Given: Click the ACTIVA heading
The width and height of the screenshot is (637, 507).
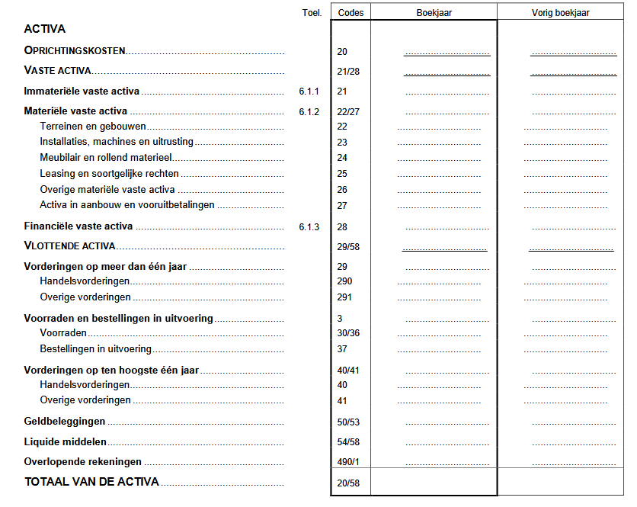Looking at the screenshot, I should (x=45, y=29).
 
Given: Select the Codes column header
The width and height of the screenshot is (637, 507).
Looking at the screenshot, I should (x=351, y=12).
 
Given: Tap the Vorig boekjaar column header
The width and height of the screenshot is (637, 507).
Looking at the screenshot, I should (x=560, y=12).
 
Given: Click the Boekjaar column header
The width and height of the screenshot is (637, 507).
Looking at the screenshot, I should (x=434, y=12).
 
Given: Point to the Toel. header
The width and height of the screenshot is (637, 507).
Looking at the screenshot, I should (x=312, y=12).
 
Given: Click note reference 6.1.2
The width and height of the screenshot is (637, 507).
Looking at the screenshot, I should (x=309, y=111).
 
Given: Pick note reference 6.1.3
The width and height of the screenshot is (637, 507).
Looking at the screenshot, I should (x=309, y=226).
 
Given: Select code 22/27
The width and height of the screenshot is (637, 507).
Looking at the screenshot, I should (x=348, y=111).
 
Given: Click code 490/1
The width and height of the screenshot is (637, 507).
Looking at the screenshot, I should (x=348, y=462).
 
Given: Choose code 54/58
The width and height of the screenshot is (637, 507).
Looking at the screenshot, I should (x=348, y=442).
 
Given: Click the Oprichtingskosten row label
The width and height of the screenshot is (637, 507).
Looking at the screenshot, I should (x=75, y=51).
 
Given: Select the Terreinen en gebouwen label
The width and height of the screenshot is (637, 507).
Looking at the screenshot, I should (x=93, y=126).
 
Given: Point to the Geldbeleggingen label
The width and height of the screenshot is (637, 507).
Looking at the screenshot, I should (x=65, y=422).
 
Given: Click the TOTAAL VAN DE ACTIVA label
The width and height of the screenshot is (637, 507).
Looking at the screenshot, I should (x=91, y=482).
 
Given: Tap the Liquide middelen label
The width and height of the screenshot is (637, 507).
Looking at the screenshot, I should (x=66, y=442).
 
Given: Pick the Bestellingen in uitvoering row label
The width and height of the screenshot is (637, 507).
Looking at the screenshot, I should (x=95, y=349).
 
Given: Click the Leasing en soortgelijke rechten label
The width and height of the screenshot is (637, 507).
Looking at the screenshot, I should (x=109, y=174).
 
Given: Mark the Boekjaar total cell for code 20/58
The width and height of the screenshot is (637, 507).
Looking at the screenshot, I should (x=434, y=483).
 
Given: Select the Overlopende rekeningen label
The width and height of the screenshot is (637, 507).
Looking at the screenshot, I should (x=83, y=462).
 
